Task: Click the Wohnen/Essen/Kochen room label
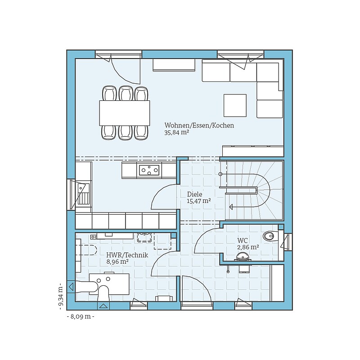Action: (x=199, y=126)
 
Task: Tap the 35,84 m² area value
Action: (x=176, y=132)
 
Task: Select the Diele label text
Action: (x=194, y=194)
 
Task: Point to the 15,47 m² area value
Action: (x=199, y=201)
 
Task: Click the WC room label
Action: (x=243, y=241)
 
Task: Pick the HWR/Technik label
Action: (x=127, y=255)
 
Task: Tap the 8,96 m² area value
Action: (x=117, y=261)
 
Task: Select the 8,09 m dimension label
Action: (x=81, y=317)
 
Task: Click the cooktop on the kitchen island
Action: (x=149, y=170)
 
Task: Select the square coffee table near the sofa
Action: (x=235, y=105)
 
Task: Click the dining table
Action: (x=125, y=113)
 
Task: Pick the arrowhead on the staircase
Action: (x=231, y=207)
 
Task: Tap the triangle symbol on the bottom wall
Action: (x=103, y=306)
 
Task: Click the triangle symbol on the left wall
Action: (x=71, y=287)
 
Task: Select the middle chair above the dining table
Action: (x=126, y=93)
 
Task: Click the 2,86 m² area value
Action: (x=248, y=247)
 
